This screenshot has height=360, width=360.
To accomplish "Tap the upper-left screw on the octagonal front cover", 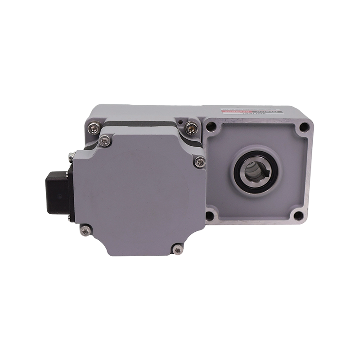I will point(104,141).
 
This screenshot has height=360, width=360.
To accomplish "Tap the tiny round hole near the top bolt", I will point(180,121).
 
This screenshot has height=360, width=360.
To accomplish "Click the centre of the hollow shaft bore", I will point(253,171).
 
